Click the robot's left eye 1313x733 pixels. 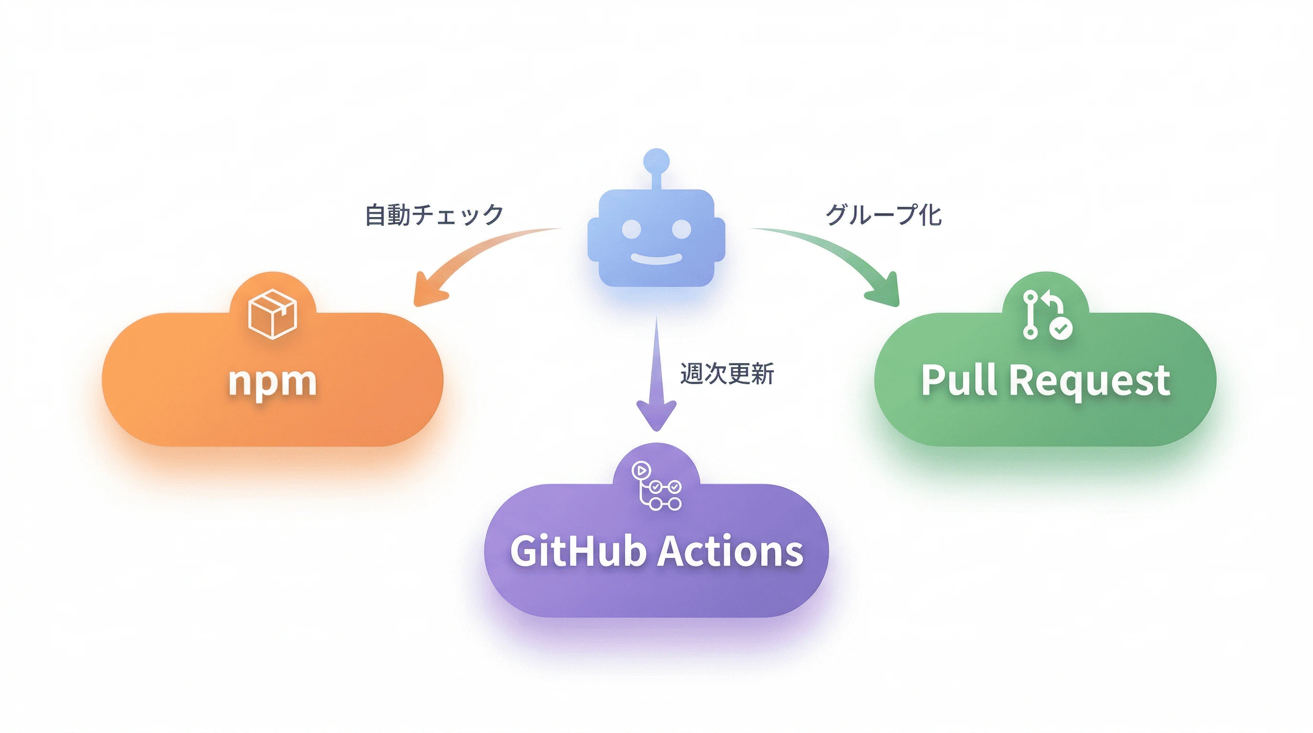tap(632, 229)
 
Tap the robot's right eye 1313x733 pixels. tap(681, 229)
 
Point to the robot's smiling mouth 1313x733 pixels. tap(656, 259)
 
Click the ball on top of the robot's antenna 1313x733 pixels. tap(656, 159)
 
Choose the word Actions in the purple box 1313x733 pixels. tap(730, 551)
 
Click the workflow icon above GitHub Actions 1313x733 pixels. tap(656, 486)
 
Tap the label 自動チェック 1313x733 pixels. tap(434, 215)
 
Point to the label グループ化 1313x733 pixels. tap(883, 215)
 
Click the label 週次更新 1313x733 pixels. tap(727, 374)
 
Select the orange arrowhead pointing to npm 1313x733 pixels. tap(427, 292)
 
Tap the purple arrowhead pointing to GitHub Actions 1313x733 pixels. tap(656, 414)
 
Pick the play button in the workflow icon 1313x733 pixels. tap(641, 470)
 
